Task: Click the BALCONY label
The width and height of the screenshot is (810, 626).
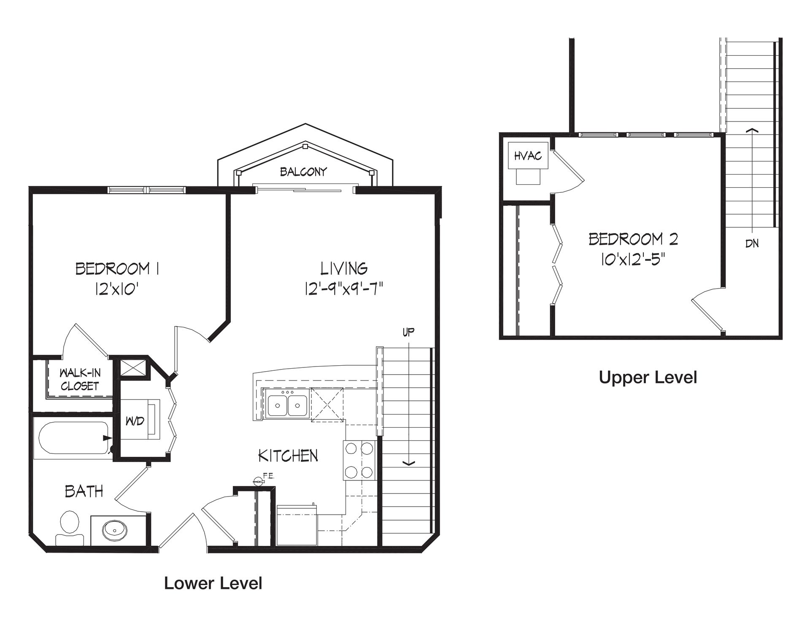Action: (x=303, y=172)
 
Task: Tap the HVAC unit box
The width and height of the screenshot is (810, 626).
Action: (x=528, y=156)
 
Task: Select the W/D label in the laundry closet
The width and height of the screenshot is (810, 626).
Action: (x=135, y=421)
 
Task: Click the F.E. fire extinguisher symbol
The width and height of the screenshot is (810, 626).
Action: (x=258, y=480)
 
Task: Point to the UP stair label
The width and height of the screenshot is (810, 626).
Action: (x=408, y=332)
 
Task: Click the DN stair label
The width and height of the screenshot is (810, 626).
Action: (x=752, y=243)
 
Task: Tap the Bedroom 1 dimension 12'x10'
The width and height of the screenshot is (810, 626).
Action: (x=117, y=289)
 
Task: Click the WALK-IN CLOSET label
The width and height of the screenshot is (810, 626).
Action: (x=80, y=379)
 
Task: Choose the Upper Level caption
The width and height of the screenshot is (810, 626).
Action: (x=648, y=378)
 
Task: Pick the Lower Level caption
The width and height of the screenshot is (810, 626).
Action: (x=213, y=583)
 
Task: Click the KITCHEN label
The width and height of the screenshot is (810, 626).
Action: (x=288, y=456)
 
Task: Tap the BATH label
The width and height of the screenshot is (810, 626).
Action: (x=84, y=491)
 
